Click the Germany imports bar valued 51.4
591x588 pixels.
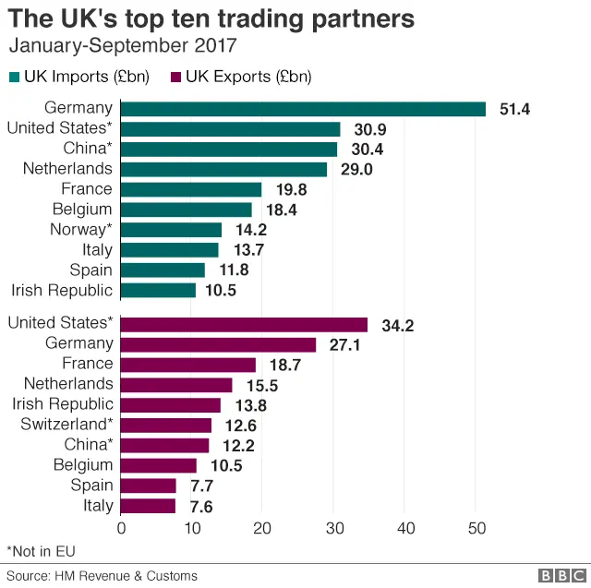pos(303,109)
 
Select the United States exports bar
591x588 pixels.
pos(244,324)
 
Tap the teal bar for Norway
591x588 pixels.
pos(171,230)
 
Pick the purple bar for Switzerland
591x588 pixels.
pos(166,425)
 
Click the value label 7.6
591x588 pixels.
pos(201,506)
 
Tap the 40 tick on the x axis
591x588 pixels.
pos(404,528)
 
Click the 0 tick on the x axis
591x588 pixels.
pos(121,528)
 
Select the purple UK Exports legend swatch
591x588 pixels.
pos(175,76)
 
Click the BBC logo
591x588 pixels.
pos(559,575)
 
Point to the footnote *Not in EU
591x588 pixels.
pos(41,551)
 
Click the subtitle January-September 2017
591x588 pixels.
pos(122,44)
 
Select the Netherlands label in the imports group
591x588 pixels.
pos(70,169)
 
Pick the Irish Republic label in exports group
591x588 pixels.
pos(62,404)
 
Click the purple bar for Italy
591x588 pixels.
pos(148,506)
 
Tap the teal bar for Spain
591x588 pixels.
pos(163,270)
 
